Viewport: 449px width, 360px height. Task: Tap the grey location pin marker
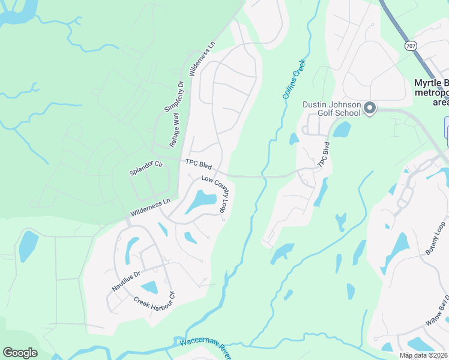(370, 109)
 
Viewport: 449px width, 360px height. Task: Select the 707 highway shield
(411, 45)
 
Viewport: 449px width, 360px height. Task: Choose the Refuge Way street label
(175, 130)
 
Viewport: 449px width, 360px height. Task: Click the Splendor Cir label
(146, 168)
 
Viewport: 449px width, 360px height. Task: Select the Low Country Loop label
(215, 193)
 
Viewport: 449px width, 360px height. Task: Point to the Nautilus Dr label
(125, 281)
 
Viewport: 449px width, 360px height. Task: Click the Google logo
(20, 353)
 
